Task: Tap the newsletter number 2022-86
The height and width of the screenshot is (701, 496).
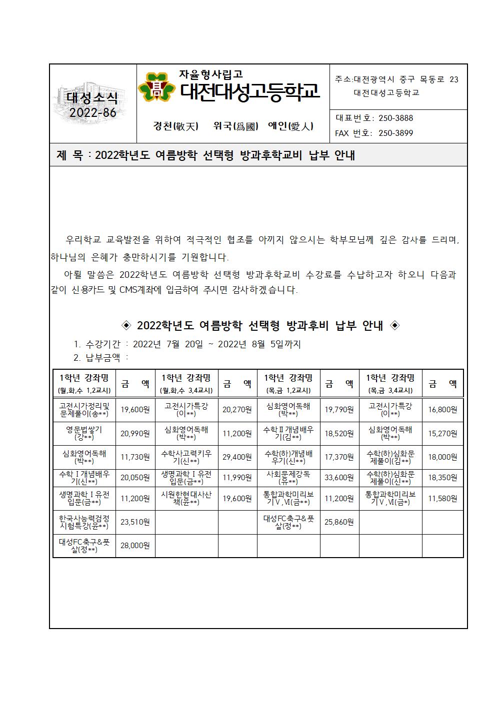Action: pos(92,112)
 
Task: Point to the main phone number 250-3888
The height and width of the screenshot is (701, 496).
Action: pos(395,118)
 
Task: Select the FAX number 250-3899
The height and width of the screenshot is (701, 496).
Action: pos(395,133)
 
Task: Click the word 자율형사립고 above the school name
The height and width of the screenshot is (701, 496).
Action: pos(211,74)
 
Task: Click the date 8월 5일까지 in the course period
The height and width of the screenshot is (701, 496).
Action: pos(277,344)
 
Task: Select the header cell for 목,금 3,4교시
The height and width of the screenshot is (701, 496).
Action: pos(390,383)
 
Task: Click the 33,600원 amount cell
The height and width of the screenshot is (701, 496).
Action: pos(339,477)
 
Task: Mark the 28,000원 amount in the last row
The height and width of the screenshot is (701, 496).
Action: pos(135,545)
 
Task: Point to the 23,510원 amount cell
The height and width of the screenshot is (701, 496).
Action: pos(135,522)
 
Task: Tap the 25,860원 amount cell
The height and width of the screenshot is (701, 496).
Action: pos(339,522)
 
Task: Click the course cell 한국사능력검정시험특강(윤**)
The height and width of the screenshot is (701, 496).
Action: pos(84,522)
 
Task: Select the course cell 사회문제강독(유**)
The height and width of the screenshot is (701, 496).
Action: pos(288,477)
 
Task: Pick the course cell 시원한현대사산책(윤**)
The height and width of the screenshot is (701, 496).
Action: pos(186,498)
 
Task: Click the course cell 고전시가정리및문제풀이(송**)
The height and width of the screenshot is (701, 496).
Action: pos(84,410)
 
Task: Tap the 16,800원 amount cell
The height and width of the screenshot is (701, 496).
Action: pos(442,410)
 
